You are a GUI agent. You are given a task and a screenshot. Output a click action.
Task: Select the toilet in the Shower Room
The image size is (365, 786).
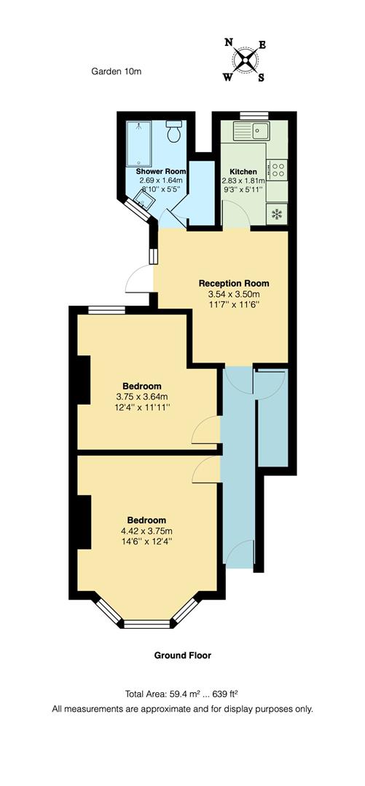tap(174, 132)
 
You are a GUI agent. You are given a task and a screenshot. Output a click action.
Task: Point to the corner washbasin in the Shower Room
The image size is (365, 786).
tap(142, 205)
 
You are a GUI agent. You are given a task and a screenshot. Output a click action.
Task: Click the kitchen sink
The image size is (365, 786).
tap(251, 132)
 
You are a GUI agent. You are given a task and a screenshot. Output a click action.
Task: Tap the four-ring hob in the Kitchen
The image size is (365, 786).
tap(278, 170)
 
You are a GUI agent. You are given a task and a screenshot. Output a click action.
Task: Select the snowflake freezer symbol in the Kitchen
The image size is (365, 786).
tap(277, 214)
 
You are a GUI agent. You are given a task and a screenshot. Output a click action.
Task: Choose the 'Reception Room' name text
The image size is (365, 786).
tap(234, 283)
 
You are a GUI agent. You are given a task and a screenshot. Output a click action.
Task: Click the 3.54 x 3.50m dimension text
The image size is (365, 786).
tap(234, 295)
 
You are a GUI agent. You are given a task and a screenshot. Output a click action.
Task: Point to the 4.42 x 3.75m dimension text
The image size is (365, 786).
tap(146, 531)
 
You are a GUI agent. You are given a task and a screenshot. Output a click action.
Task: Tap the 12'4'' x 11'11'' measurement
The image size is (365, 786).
tap(142, 408)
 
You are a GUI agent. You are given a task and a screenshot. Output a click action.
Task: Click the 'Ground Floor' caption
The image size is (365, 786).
tap(182, 655)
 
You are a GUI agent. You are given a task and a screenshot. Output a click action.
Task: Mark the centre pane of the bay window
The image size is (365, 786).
tap(146, 623)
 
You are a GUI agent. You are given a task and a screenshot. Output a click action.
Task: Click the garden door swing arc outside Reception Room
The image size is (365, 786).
tap(136, 278)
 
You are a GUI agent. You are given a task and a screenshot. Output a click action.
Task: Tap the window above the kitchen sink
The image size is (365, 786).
tap(253, 114)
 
